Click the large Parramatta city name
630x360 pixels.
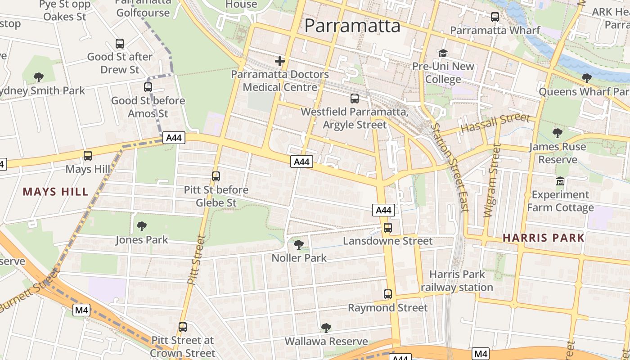click(352, 26)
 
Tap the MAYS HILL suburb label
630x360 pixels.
click(56, 192)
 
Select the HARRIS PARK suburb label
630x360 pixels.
click(543, 238)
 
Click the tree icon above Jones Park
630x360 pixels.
click(142, 226)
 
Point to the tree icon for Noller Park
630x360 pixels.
click(298, 245)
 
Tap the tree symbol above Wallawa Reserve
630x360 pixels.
click(326, 328)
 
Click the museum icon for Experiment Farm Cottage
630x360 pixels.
click(560, 181)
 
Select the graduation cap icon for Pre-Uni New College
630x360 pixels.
click(443, 54)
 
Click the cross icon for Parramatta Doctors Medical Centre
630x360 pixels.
click(280, 61)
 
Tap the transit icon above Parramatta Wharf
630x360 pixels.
click(495, 17)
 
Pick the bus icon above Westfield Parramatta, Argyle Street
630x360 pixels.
click(355, 98)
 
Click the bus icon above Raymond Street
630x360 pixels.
click(388, 294)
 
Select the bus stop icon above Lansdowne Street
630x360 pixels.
click(388, 228)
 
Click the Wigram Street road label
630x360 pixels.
click(492, 180)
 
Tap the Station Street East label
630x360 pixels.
click(450, 166)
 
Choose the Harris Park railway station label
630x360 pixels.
click(457, 281)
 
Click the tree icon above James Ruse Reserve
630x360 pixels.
click(558, 133)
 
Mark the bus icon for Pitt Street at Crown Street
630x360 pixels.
click(183, 327)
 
